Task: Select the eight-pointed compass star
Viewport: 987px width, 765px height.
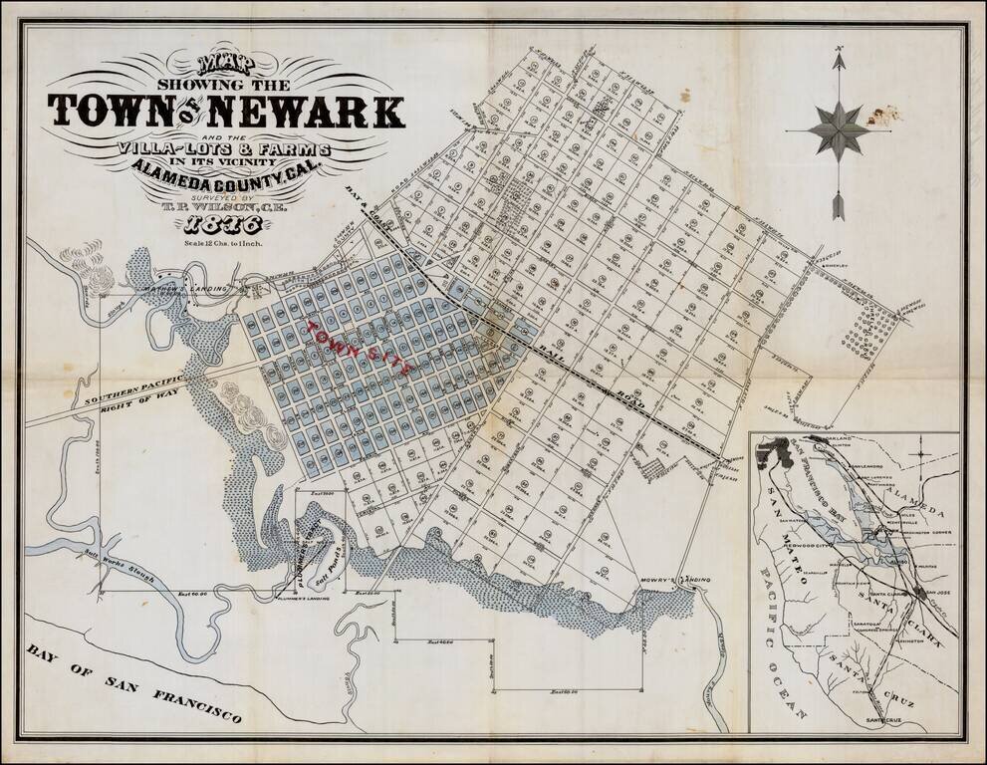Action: [839, 129]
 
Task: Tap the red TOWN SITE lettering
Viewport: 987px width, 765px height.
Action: [364, 348]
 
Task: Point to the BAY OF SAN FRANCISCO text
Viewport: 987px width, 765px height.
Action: [134, 681]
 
